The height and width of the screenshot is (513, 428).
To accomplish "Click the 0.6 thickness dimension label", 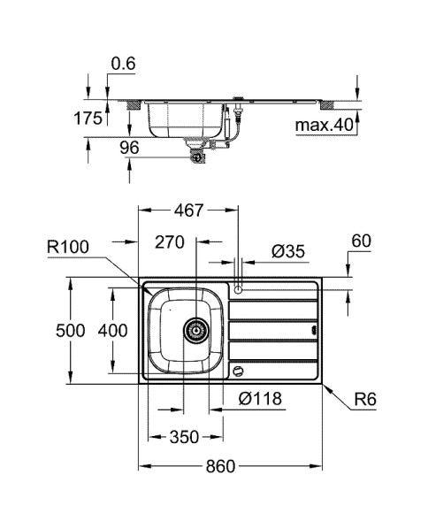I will pos(123,63).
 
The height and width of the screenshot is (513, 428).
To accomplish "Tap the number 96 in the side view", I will pos(129,149).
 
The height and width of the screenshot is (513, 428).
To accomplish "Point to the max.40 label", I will pos(324,126).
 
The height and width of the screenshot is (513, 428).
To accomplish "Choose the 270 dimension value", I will pos(170,241).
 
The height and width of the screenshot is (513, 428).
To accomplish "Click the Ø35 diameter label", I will pos(289,252).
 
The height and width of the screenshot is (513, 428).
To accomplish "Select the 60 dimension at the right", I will pos(361,240).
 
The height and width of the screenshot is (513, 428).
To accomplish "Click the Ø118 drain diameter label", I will pos(260,399).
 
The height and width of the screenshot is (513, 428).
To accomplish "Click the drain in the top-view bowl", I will pos(195,330).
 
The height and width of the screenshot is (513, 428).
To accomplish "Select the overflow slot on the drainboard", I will pos(312,331).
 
